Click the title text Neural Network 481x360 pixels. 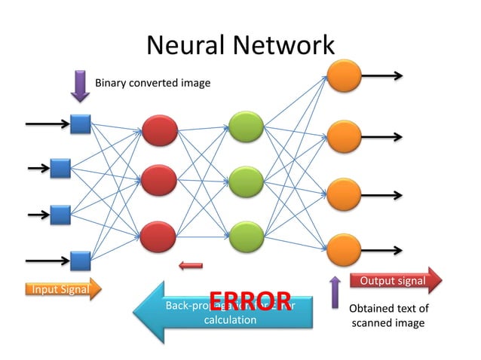tap(240, 45)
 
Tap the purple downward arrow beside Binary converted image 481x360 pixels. tap(80, 85)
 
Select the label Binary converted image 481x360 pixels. tap(152, 82)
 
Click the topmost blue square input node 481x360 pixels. tap(80, 124)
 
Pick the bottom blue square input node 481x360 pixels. tap(80, 261)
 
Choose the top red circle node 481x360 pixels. tap(158, 130)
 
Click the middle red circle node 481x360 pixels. tap(158, 182)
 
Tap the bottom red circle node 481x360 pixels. tap(158, 236)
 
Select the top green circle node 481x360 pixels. tap(247, 127)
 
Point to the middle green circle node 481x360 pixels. tap(247, 182)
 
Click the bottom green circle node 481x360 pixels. tap(247, 236)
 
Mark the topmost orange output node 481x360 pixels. tap(343, 76)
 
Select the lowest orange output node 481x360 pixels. tap(343, 249)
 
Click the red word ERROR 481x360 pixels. tap(250, 301)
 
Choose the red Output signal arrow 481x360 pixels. tap(397, 281)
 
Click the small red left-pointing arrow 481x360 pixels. tap(191, 264)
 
